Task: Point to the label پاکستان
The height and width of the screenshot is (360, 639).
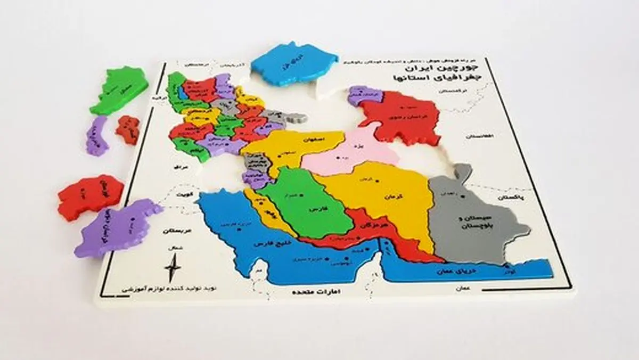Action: click(x=512, y=197)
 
